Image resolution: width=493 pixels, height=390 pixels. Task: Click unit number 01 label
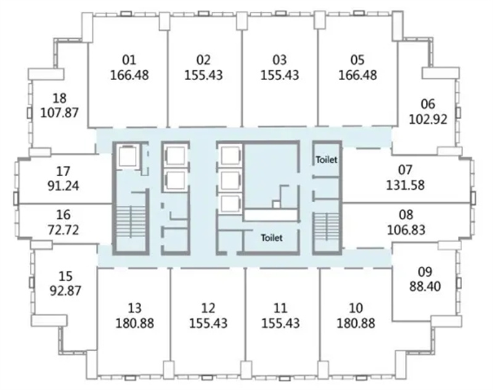click(x=129, y=60)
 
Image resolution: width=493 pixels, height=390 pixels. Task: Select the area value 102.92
click(x=428, y=120)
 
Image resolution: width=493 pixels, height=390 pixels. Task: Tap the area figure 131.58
click(x=405, y=185)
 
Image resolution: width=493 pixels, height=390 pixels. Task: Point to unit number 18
click(x=59, y=99)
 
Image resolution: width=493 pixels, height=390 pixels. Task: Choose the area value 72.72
click(x=63, y=230)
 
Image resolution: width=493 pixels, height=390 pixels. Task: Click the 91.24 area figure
click(x=63, y=185)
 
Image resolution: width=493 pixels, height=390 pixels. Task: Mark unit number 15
click(x=65, y=276)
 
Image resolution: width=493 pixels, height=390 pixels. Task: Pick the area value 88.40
click(x=425, y=286)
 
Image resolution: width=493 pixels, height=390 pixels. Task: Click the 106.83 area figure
click(x=406, y=230)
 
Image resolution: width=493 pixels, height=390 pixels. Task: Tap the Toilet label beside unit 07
click(x=327, y=160)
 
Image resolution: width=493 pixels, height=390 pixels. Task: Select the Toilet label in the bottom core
click(x=272, y=238)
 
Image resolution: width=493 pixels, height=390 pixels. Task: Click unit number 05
click(x=357, y=60)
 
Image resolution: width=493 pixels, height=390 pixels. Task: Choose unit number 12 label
click(x=208, y=308)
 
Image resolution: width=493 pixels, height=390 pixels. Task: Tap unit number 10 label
click(x=356, y=308)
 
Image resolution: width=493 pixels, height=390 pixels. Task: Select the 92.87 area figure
click(x=65, y=291)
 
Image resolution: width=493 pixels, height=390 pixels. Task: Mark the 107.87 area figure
click(x=59, y=113)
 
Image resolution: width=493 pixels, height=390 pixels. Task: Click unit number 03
click(x=280, y=60)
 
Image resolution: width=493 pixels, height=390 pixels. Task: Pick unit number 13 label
click(x=134, y=308)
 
